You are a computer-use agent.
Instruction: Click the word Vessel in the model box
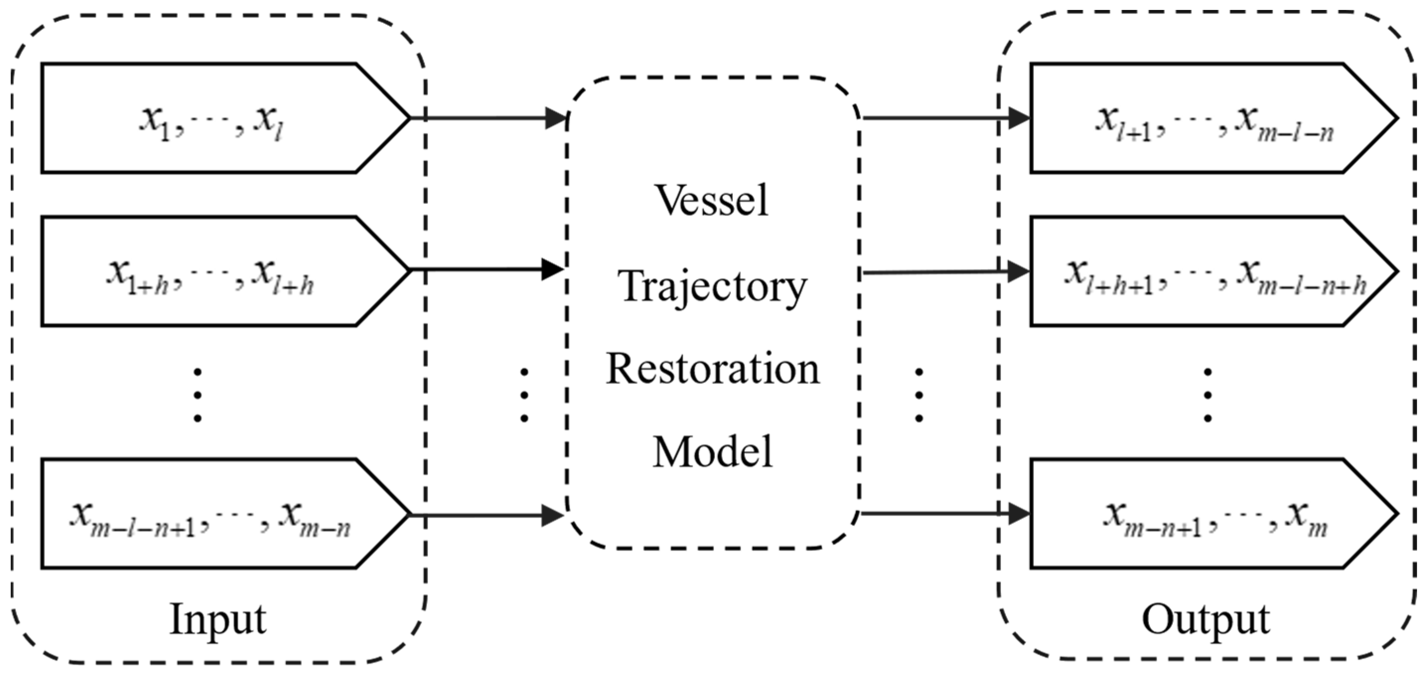pos(712,201)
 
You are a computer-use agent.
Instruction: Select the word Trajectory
pos(712,287)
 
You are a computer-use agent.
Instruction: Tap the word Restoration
pos(712,370)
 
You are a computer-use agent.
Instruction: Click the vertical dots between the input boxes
pos(197,395)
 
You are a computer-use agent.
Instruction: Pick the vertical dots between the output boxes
pos(1208,395)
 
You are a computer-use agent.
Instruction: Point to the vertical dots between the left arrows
pos(524,395)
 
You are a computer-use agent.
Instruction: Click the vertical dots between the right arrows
pos(919,395)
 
